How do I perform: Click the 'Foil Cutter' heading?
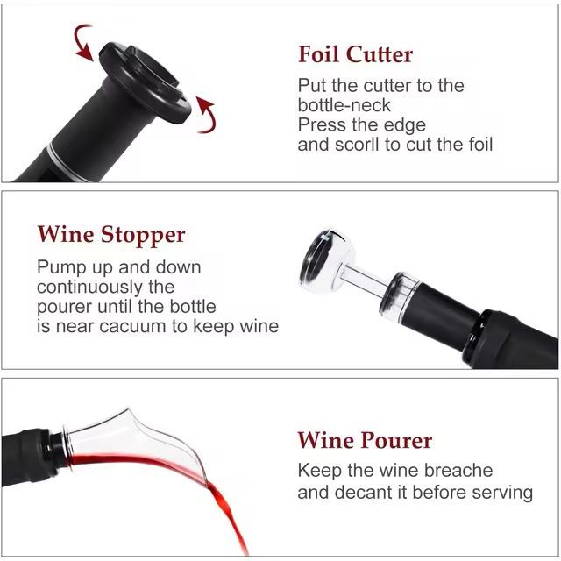(x=355, y=54)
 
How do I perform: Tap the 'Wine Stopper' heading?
(x=111, y=235)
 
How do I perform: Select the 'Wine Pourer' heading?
(x=365, y=440)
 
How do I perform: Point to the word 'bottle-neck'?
(x=344, y=105)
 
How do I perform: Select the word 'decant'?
(x=365, y=493)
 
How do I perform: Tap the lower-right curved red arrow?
(x=207, y=115)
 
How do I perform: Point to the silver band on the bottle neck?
(x=64, y=163)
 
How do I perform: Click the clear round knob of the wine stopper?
(x=324, y=259)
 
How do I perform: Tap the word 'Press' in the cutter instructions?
(x=321, y=124)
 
